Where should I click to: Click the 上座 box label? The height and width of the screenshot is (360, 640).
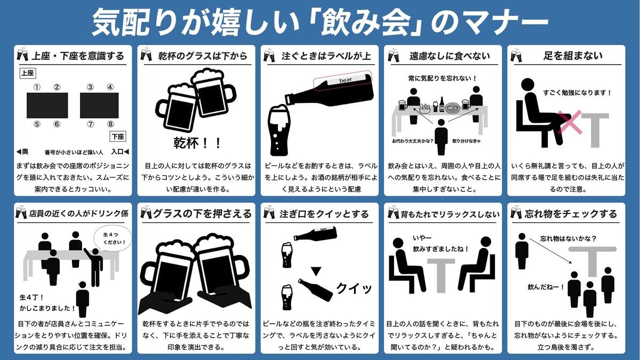click(x=28, y=73)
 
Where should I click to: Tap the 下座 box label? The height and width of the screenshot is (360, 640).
click(x=118, y=137)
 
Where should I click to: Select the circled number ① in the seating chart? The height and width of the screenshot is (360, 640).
click(x=37, y=87)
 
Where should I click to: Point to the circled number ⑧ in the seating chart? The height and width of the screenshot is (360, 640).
click(x=110, y=124)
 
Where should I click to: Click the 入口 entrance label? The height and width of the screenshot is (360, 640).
click(x=117, y=151)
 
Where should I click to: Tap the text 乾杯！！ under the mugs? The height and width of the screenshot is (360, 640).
click(x=198, y=143)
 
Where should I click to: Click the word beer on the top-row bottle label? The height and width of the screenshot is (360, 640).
click(x=346, y=80)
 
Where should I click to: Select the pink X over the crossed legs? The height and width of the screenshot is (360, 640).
click(x=570, y=122)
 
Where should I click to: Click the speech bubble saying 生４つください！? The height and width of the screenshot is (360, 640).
click(x=114, y=238)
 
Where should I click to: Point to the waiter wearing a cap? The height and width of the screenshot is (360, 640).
click(x=82, y=299)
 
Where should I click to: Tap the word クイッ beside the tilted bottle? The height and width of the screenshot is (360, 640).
click(x=354, y=289)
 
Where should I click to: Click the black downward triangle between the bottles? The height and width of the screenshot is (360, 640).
click(x=316, y=271)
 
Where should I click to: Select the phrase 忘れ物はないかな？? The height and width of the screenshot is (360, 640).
click(x=569, y=238)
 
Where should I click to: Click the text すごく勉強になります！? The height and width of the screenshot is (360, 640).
click(x=577, y=93)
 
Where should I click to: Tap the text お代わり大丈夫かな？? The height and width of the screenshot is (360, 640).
click(x=413, y=141)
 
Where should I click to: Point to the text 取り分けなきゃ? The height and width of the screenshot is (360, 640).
click(x=466, y=141)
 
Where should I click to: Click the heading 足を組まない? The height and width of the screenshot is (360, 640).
click(x=573, y=55)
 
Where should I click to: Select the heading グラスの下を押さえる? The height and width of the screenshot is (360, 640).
click(x=202, y=214)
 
